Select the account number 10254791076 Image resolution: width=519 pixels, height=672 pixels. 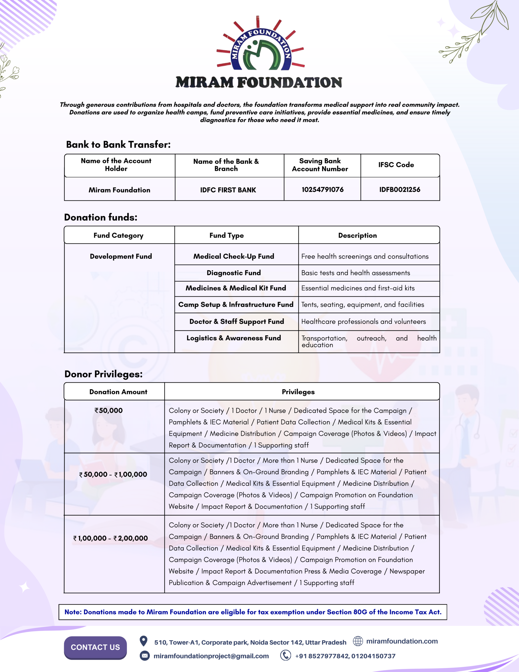[322, 190]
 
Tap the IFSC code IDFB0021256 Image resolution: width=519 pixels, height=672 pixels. [399, 190]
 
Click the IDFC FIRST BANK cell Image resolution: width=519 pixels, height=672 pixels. [228, 190]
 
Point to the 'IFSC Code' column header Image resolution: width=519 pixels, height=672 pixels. [396, 165]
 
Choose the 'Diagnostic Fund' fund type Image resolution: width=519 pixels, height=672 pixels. [234, 273]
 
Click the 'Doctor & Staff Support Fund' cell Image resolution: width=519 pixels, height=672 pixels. [237, 322]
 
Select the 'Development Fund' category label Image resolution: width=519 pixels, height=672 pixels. [121, 256]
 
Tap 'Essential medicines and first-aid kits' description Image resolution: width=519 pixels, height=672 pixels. [358, 288]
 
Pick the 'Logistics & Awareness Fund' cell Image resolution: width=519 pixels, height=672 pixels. [234, 338]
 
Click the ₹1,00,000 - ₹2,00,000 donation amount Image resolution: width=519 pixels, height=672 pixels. [110, 538]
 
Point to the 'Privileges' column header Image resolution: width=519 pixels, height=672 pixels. [298, 392]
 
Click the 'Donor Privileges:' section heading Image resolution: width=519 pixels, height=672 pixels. [103, 374]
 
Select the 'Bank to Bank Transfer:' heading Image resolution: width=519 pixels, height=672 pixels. [118, 145]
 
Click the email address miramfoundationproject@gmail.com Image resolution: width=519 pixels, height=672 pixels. [211, 656]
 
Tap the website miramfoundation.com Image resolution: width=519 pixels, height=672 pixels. [401, 641]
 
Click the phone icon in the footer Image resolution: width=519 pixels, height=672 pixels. [285, 655]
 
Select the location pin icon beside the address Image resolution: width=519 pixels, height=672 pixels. [143, 641]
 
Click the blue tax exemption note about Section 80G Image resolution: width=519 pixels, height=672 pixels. [253, 612]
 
